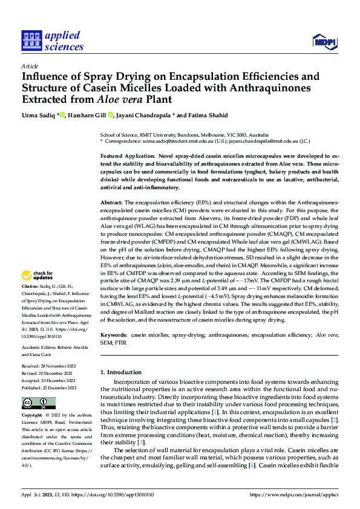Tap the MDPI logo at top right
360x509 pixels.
point(325,41)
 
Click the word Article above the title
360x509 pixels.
point(29,66)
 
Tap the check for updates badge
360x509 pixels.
point(38,276)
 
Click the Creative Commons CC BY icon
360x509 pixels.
point(30,403)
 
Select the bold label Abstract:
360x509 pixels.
point(111,201)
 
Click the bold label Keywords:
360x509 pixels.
point(114,334)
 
